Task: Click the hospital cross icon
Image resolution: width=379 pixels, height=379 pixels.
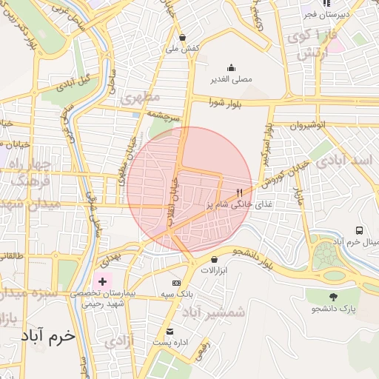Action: click(102, 282)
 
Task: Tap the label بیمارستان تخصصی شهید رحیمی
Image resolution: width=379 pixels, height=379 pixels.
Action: click(103, 298)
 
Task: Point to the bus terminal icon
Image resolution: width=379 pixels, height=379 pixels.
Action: click(359, 231)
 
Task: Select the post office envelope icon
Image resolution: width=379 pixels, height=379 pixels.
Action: click(170, 331)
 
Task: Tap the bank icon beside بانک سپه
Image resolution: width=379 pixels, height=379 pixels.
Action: click(176, 284)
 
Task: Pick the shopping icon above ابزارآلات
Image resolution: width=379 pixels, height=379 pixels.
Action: click(215, 260)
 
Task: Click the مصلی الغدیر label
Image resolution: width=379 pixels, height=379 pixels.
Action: click(231, 78)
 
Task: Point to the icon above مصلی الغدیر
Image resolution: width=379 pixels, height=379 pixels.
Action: click(231, 67)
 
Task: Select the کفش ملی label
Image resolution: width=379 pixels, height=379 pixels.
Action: click(182, 48)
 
